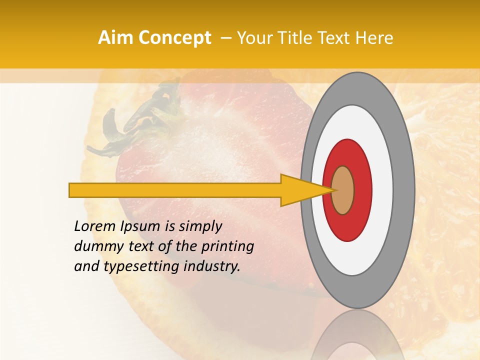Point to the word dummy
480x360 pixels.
point(95,246)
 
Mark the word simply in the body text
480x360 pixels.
point(199,226)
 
